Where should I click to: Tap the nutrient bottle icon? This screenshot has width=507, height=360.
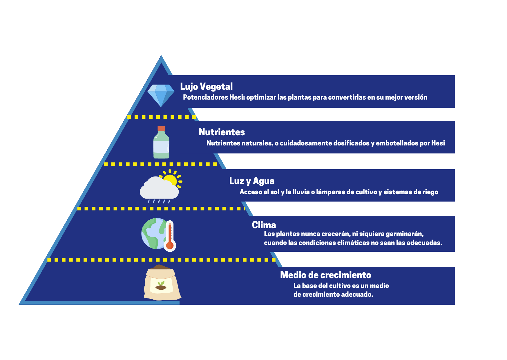coord(161,142)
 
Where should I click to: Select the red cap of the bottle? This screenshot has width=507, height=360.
coord(161,128)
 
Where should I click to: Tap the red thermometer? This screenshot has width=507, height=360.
coord(170,236)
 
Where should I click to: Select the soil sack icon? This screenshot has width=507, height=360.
coord(162,282)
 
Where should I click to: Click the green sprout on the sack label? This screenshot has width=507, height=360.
coord(161,283)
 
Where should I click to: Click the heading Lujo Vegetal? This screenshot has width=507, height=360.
coord(206,87)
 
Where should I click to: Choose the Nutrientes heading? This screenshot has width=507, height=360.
coord(222,132)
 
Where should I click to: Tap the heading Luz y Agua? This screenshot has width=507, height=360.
coord(252,181)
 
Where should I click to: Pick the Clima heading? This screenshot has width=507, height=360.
coord(264,225)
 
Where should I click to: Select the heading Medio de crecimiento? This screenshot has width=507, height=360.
coord(325,275)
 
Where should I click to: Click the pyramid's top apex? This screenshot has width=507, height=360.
coord(161,55)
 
